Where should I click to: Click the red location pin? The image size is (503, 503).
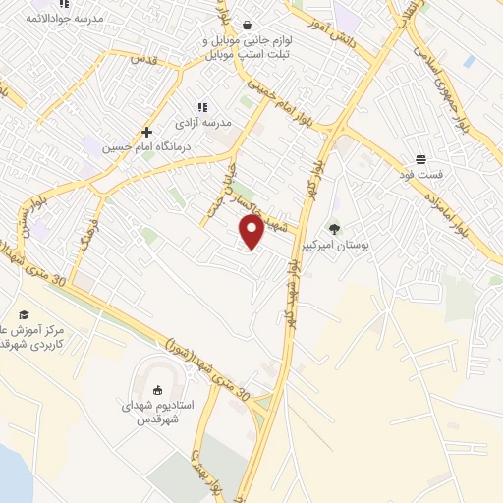coord(252,233)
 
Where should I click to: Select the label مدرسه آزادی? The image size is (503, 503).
coord(202,123)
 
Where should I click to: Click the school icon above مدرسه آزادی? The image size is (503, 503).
coord(202,107)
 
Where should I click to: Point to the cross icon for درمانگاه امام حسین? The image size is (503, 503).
coord(146,131)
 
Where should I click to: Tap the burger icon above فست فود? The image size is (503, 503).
coord(420,158)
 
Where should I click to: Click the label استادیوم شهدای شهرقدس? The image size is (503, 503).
coord(164,411)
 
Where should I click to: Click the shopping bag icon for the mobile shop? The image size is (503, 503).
coord(246,26)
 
